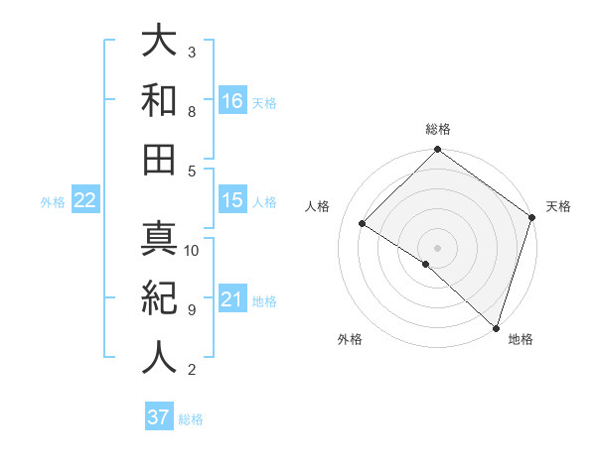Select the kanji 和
coord(159,100)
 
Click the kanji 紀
coord(159,297)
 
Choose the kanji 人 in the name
coord(159,357)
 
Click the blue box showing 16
coord(232,100)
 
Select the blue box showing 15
coord(232,200)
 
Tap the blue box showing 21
coord(232,299)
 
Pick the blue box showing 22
coord(85,200)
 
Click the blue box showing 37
coord(159,417)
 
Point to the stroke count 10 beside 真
coord(193,251)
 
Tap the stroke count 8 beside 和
coord(191,112)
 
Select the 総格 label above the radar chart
coord(438,129)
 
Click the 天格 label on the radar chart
coord(559,206)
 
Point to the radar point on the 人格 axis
coord(363,224)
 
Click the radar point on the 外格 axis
coord(426,264)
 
